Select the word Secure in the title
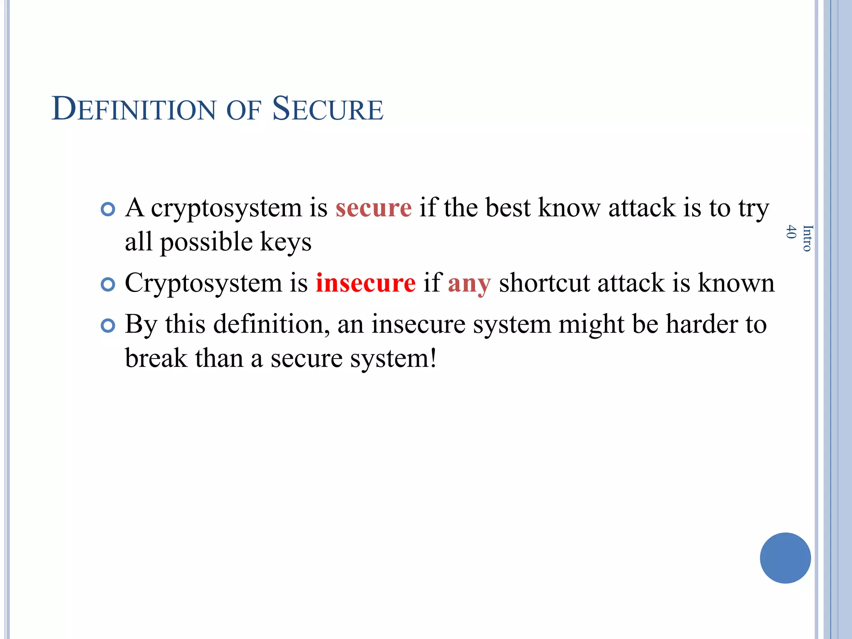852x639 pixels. click(327, 109)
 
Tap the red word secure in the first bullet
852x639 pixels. click(373, 208)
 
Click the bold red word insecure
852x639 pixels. click(365, 283)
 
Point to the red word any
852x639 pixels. click(469, 284)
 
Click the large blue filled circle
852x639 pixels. click(785, 558)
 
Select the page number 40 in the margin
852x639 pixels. click(791, 232)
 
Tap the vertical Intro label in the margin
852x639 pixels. click(807, 238)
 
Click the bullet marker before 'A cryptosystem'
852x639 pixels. click(108, 209)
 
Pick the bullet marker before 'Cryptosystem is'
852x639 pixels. click(108, 285)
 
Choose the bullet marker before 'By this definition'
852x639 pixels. click(108, 326)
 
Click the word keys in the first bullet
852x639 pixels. click(285, 242)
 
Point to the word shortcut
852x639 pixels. click(544, 283)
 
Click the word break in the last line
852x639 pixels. click(156, 358)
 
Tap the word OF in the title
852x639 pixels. click(243, 110)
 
